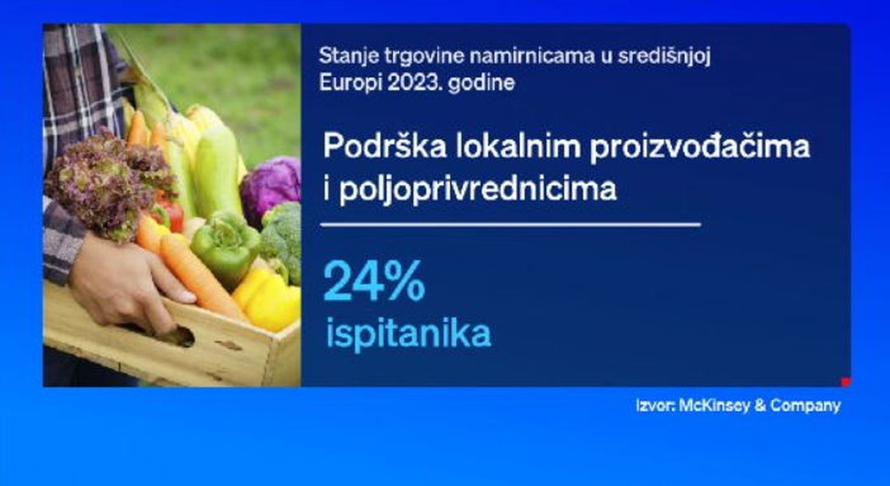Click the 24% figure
[x=374, y=281]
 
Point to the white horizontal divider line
[x=510, y=225]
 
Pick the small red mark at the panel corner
[x=845, y=382]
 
